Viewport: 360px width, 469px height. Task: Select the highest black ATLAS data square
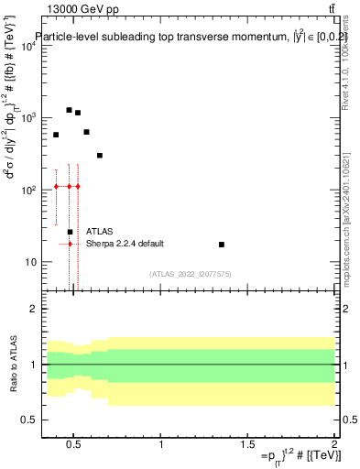(69, 110)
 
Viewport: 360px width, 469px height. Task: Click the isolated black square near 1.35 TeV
(222, 245)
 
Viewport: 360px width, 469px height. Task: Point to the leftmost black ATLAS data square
(56, 135)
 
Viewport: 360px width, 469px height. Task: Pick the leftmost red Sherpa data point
(56, 186)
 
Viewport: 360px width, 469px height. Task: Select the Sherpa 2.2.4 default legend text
(125, 244)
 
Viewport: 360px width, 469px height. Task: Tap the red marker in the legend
(70, 244)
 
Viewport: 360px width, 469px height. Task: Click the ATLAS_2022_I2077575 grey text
(190, 273)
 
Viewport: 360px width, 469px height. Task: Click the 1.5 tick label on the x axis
(248, 445)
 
